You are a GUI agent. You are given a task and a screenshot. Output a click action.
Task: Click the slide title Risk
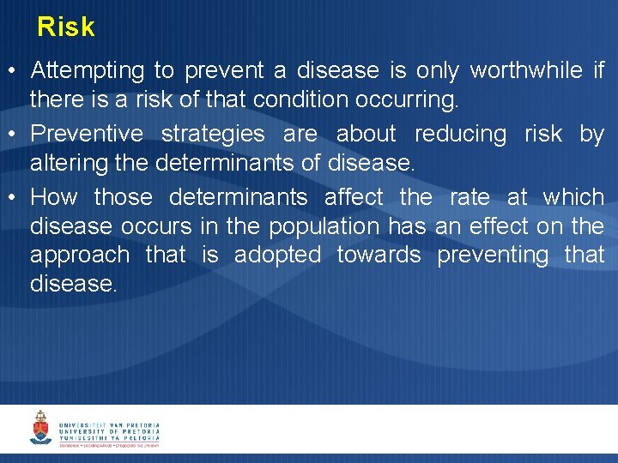click(x=65, y=27)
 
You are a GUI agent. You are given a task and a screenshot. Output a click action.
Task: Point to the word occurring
click(x=405, y=100)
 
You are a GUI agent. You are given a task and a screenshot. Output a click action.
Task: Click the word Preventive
click(x=87, y=134)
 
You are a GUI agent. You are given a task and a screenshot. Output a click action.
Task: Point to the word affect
click(x=354, y=197)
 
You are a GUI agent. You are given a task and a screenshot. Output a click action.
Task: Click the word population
click(x=324, y=227)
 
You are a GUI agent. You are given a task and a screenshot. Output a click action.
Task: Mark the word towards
click(x=379, y=256)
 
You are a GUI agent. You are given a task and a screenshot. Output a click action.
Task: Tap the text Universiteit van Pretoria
click(x=109, y=424)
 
